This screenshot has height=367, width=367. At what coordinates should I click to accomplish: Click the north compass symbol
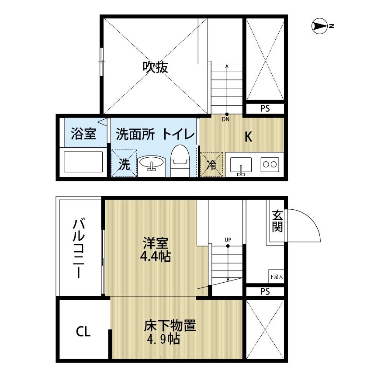click(x=320, y=26)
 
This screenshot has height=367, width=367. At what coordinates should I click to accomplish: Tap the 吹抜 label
click(x=156, y=67)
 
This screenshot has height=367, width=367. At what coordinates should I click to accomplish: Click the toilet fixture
click(x=180, y=161)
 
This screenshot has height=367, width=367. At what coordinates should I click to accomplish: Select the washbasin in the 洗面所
click(x=152, y=164)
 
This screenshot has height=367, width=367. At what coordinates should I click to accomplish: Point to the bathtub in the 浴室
click(x=83, y=162)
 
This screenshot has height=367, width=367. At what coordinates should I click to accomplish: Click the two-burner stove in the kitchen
click(x=270, y=164)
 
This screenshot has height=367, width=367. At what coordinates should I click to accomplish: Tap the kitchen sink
click(x=241, y=165)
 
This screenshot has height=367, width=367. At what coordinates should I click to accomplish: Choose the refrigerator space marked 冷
click(x=211, y=165)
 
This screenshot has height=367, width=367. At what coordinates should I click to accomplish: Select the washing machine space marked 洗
click(x=124, y=163)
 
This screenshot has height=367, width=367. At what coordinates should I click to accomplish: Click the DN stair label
click(x=225, y=119)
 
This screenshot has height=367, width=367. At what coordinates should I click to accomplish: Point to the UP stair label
click(x=228, y=240)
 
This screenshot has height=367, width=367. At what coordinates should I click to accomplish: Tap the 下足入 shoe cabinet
click(x=276, y=277)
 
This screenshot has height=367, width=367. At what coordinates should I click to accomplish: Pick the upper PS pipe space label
click(x=265, y=109)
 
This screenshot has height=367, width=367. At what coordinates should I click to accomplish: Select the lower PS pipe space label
click(x=265, y=292)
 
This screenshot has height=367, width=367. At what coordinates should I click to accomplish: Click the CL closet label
click(x=83, y=332)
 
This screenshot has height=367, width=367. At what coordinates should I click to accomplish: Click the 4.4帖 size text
click(x=156, y=256)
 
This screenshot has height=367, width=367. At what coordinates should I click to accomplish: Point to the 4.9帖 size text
click(x=163, y=339)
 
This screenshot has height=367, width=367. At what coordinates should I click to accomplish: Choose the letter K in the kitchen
click(x=248, y=137)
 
